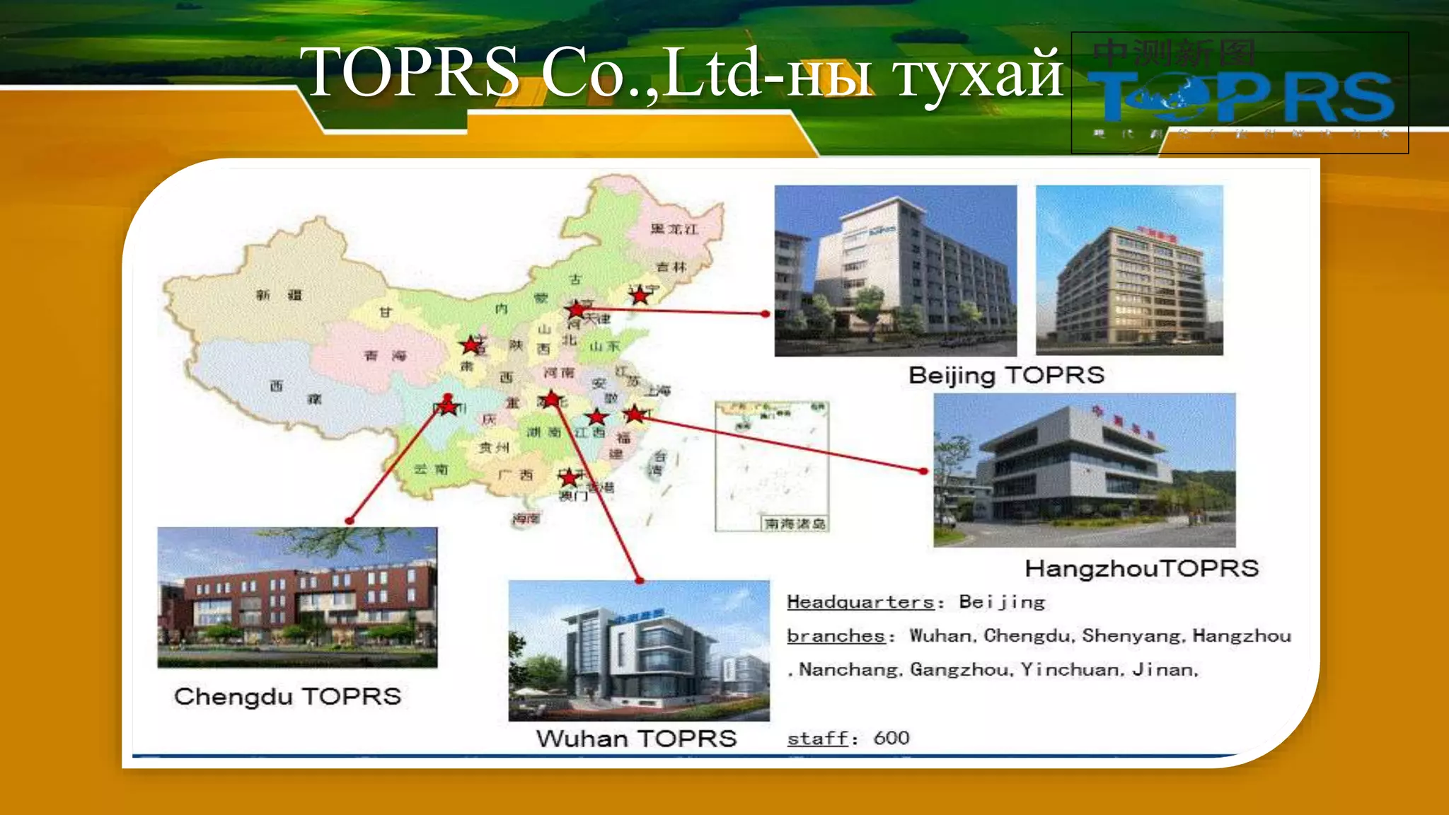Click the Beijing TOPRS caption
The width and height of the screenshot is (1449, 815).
point(1006,375)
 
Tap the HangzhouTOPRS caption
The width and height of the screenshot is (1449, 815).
point(1141,568)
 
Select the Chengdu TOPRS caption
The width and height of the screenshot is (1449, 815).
point(287,696)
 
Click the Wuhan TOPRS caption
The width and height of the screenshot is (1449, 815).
point(636,739)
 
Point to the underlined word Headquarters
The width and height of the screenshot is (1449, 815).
point(860,602)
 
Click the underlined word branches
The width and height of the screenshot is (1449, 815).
point(836,636)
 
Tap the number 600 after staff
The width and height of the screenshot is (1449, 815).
point(891,738)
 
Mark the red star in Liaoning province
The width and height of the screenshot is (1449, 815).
point(640,296)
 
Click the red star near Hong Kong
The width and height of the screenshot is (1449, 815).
point(569,478)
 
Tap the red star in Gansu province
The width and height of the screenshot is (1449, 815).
point(470,345)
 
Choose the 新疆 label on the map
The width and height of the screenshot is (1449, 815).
point(279,295)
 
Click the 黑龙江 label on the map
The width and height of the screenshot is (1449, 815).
point(674,229)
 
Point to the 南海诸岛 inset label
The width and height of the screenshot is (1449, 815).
point(795,524)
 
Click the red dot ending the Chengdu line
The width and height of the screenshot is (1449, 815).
point(350,521)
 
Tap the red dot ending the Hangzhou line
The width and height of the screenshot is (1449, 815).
point(923,470)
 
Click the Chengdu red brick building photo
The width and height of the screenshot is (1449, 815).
point(297,597)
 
